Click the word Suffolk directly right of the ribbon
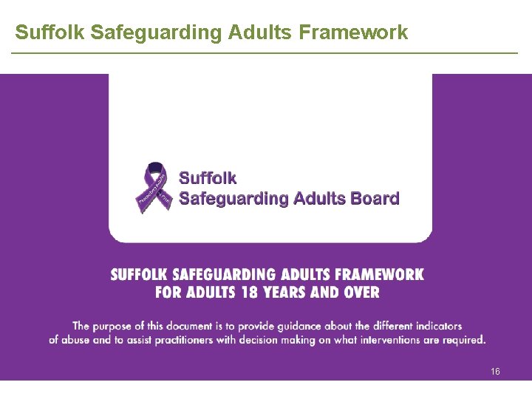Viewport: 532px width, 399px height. point(208,178)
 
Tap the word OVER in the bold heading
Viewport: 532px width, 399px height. point(360,292)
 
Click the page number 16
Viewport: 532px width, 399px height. point(495,371)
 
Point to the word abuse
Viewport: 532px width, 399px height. point(79,340)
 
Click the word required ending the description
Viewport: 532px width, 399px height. point(465,340)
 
